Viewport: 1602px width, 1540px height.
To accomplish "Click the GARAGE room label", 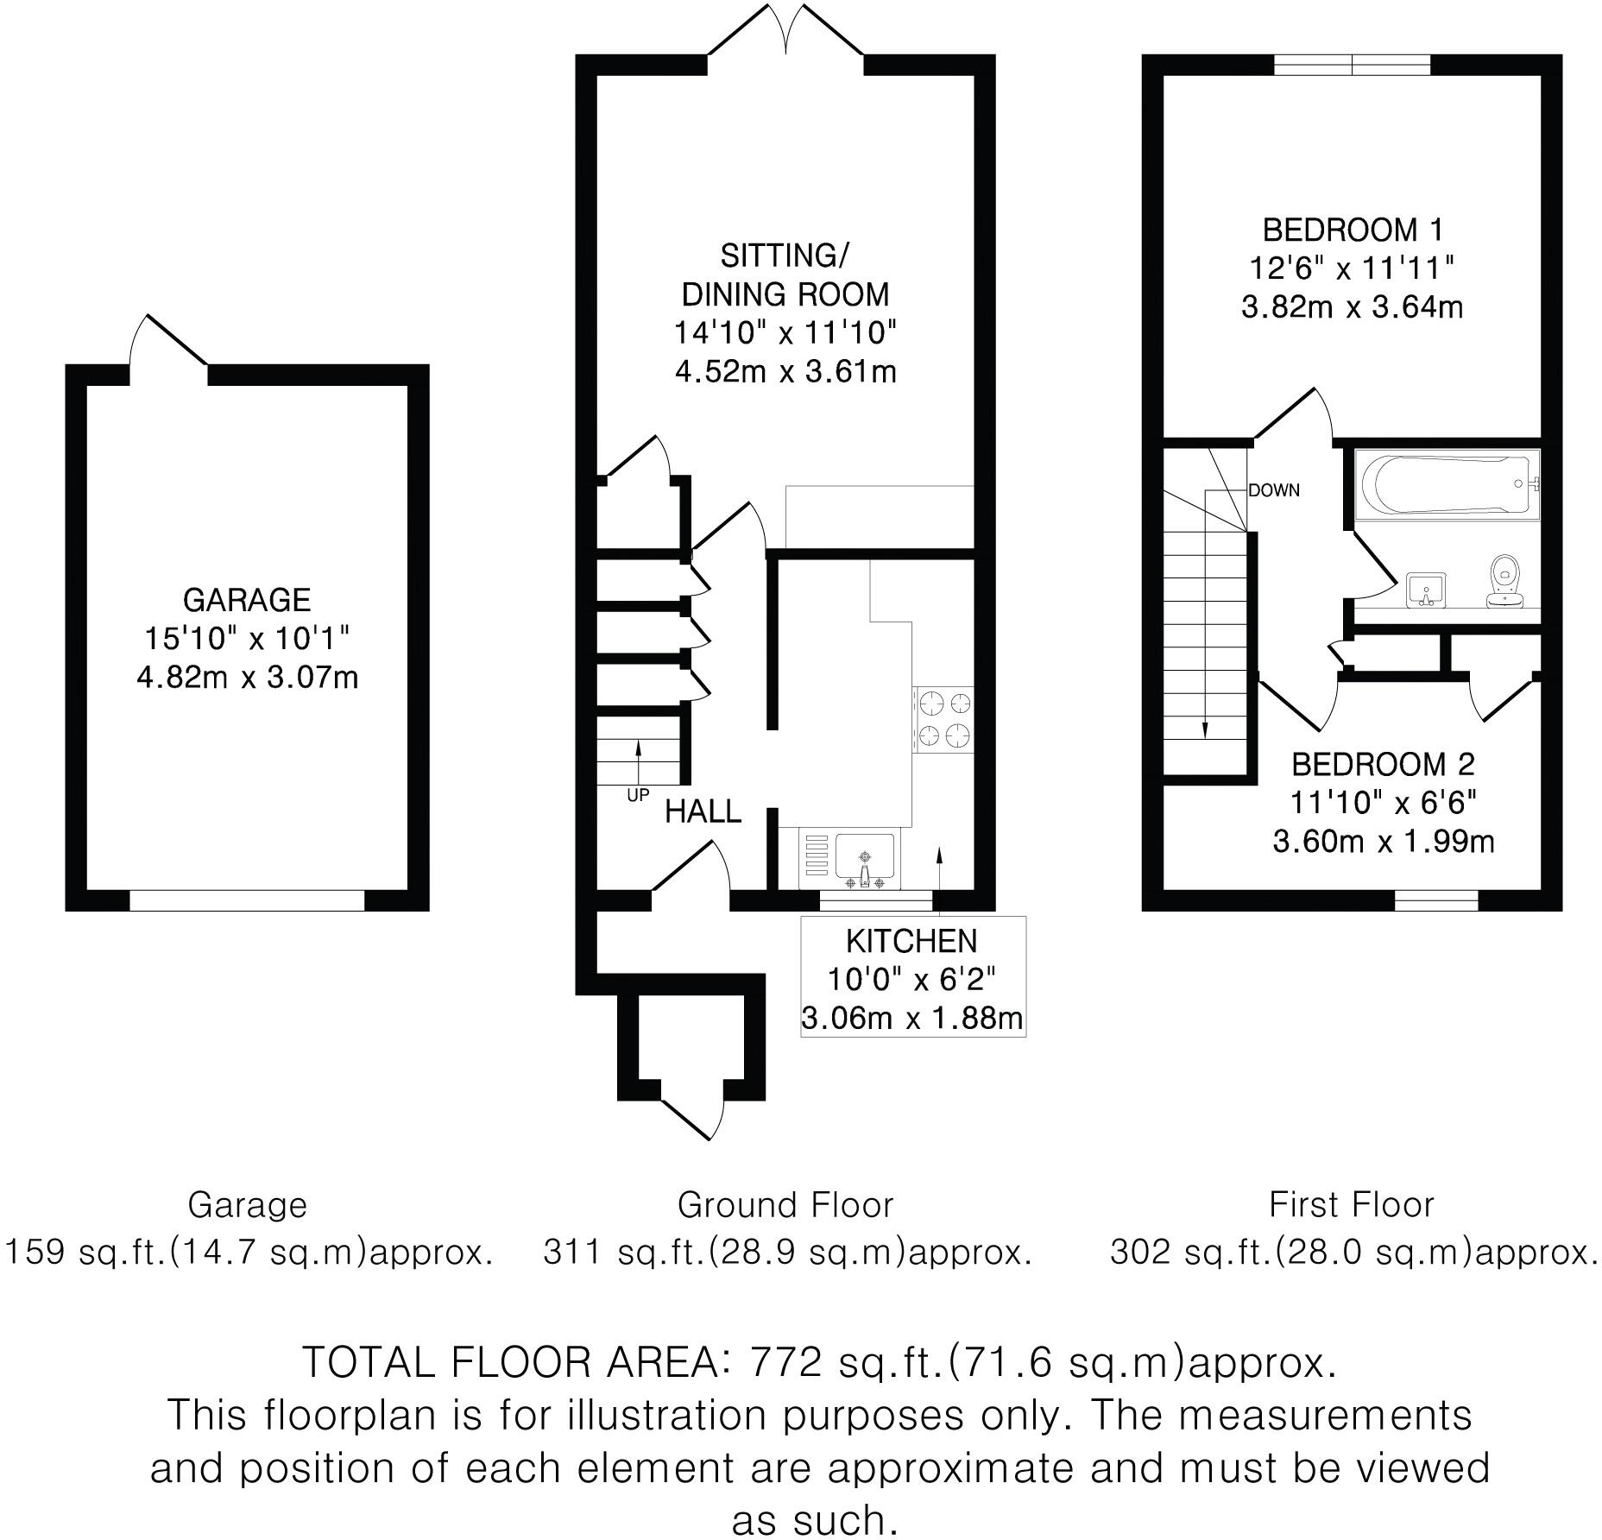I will click(x=247, y=600).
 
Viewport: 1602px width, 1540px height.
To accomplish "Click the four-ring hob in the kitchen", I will click(x=943, y=720).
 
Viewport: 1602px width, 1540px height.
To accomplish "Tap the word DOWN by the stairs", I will click(x=1273, y=490).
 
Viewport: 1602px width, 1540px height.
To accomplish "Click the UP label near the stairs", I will click(x=638, y=795).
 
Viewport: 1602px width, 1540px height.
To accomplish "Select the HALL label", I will click(x=703, y=812).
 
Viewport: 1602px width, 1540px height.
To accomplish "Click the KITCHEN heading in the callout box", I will click(x=911, y=941).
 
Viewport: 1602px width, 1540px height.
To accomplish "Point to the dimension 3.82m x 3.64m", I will click(x=1352, y=307).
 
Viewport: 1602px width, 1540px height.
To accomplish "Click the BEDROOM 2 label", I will click(x=1383, y=764).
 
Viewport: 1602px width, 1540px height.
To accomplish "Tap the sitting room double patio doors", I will click(x=785, y=35).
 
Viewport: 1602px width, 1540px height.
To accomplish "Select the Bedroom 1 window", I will click(x=1352, y=65).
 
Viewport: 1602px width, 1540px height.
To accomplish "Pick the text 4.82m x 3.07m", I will click(x=247, y=678).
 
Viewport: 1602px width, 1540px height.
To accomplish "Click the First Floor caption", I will click(x=1351, y=1205).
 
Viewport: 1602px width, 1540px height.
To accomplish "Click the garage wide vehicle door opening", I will click(x=247, y=900).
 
